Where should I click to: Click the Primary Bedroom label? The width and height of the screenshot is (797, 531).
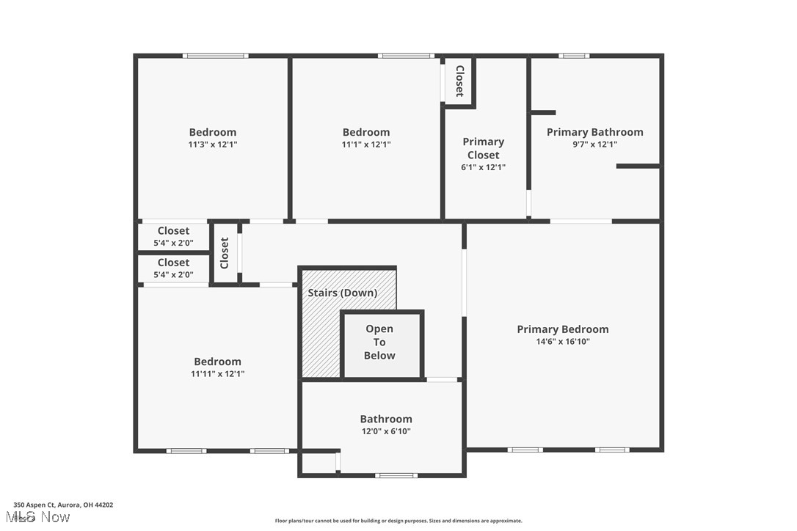[563, 329]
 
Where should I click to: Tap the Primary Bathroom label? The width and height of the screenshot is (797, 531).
[594, 132]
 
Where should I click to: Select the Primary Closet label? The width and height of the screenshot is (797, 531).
[483, 148]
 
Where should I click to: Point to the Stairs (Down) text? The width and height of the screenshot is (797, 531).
[342, 293]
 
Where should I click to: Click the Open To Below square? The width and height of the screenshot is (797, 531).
[381, 343]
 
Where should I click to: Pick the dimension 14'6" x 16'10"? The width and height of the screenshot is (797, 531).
[563, 341]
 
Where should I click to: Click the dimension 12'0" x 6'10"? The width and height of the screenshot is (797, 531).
[385, 431]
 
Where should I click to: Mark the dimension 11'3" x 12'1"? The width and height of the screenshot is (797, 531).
[213, 144]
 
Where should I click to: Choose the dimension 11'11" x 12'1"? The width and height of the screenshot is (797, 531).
[217, 373]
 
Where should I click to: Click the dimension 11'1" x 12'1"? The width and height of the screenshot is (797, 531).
[365, 144]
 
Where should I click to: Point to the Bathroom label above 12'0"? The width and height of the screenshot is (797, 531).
[386, 419]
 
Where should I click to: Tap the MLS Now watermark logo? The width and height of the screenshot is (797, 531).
[41, 517]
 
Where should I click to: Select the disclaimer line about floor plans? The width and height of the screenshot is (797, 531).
[398, 521]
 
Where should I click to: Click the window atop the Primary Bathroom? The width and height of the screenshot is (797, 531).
[574, 56]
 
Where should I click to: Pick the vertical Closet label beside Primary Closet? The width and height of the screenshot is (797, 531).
[459, 81]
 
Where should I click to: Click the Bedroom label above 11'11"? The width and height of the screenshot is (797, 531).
[217, 362]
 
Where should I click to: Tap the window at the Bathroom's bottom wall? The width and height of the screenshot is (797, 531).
[396, 475]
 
